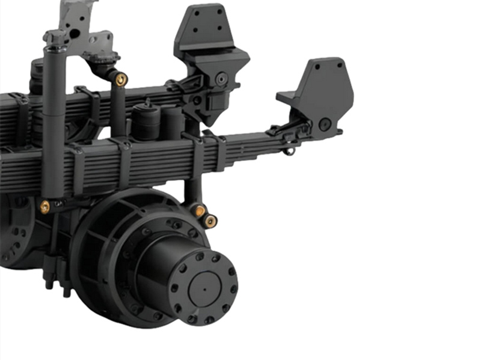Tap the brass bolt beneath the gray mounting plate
[x=121, y=79]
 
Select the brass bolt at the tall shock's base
[x=45, y=206]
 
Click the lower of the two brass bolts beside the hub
[x=210, y=221]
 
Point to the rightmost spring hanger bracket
[x=319, y=96]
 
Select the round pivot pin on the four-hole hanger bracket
[x=222, y=78]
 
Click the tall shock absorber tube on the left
[x=54, y=120]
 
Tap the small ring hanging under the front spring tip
[x=290, y=150]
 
